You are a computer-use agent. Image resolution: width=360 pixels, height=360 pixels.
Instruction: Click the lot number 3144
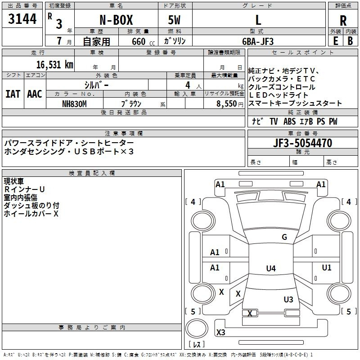pyautogui.click(x=22, y=19)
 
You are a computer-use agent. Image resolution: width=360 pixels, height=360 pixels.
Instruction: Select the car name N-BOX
pyautogui.click(x=116, y=20)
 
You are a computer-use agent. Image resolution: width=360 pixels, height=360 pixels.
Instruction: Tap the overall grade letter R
pyautogui.click(x=343, y=20)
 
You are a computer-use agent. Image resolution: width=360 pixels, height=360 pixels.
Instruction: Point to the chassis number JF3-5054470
pyautogui.click(x=302, y=143)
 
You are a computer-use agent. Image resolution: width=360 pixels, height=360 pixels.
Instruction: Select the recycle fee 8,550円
pyautogui.click(x=229, y=103)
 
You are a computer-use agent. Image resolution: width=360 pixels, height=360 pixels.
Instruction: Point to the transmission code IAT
pyautogui.click(x=13, y=94)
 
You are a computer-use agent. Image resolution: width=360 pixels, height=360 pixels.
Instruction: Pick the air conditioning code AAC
pyautogui.click(x=34, y=94)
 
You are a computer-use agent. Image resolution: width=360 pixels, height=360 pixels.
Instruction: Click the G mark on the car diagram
pyautogui.click(x=284, y=237)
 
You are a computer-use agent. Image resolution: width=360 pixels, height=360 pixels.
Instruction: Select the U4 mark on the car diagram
pyautogui.click(x=270, y=269)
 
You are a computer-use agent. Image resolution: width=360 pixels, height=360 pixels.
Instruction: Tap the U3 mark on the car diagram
pyautogui.click(x=288, y=299)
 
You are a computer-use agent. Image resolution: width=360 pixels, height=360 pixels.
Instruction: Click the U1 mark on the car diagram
pyautogui.click(x=326, y=268)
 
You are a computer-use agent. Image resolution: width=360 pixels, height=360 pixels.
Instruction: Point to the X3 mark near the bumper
pyautogui.click(x=221, y=333)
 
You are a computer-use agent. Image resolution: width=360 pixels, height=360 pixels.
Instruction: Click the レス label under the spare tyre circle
pyautogui.click(x=197, y=345)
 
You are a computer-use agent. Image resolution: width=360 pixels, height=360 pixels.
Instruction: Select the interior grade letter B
pyautogui.click(x=350, y=41)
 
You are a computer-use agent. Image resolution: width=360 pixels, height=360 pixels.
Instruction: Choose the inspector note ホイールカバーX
pyautogui.click(x=31, y=214)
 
